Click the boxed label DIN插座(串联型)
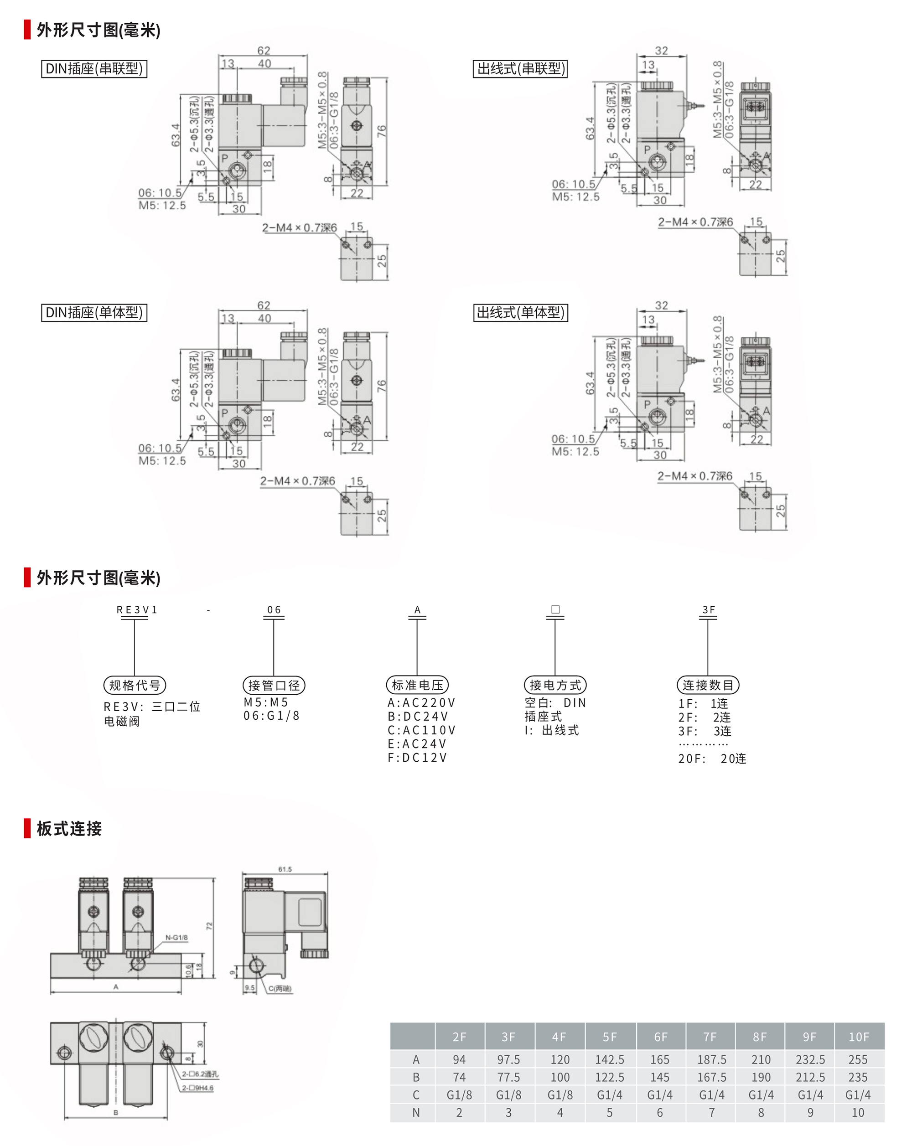point(94,68)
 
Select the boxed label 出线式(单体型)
point(521,313)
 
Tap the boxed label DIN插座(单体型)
point(94,313)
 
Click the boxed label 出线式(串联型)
point(521,68)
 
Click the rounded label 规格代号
point(135,685)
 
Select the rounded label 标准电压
point(417,685)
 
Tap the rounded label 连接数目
point(708,685)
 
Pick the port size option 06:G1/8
point(272,716)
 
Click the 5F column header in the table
point(610,1037)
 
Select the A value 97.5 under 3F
point(508,1060)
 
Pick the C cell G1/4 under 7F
point(711,1095)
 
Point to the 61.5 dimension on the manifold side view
point(285,869)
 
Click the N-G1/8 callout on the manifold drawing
point(176,938)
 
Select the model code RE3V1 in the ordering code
point(137,609)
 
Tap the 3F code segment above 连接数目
point(708,609)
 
